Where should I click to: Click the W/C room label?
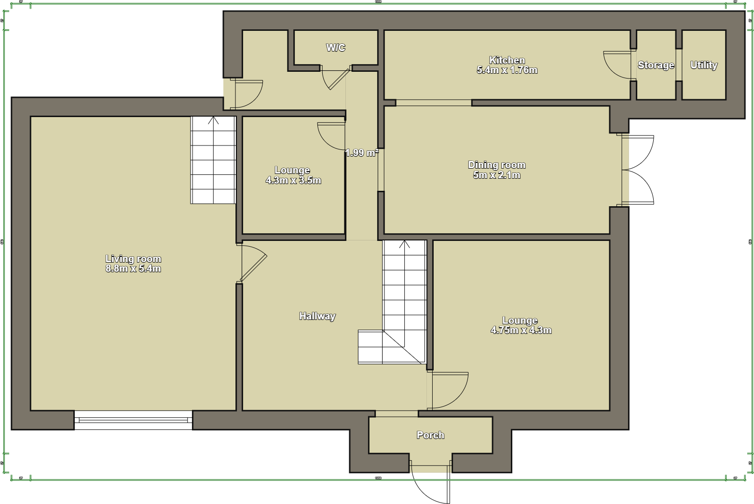336,47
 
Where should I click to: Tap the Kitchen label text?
507,60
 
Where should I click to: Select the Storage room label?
656,65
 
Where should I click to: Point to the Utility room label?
704,65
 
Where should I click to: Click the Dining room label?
497,165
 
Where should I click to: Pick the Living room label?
133,259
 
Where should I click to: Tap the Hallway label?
317,316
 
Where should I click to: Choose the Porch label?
430,435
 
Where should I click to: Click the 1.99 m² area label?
362,153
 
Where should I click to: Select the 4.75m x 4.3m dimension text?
521,331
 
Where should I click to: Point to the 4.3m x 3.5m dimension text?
293,181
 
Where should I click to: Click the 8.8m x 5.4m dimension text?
133,269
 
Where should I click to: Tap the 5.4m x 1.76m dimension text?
507,70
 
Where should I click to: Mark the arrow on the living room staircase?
213,120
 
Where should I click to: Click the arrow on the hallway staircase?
404,244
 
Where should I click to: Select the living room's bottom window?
133,420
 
